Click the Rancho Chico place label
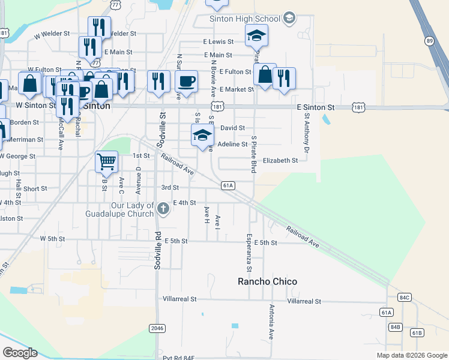[267, 281]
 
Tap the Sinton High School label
[245, 19]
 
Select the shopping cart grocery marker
[106, 161]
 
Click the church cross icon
[163, 209]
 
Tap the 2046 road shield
[157, 328]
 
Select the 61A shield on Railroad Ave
[228, 186]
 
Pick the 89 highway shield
[429, 41]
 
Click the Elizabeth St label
[280, 161]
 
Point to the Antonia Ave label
[271, 322]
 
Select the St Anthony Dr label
[307, 133]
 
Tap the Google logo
[19, 353]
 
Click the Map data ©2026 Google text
[412, 355]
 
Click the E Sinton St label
[316, 107]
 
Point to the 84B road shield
[395, 327]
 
